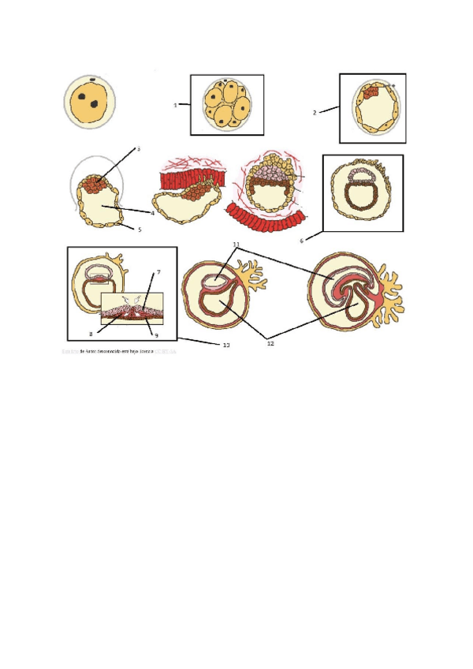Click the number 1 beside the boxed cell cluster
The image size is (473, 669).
tap(175, 104)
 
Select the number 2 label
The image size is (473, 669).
tap(315, 113)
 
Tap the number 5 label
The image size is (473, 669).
tap(140, 230)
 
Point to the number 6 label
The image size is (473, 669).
tap(301, 240)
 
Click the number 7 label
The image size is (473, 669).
tap(158, 271)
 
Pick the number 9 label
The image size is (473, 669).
tap(156, 335)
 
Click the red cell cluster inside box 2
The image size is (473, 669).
tap(371, 92)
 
